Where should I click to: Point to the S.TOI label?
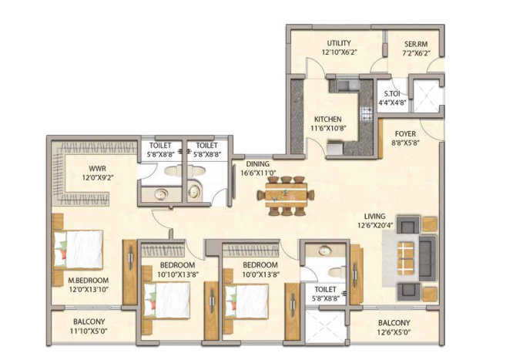391,94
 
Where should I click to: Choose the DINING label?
257,164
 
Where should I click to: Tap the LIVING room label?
377,217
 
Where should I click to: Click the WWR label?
97,167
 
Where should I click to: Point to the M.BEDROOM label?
88,280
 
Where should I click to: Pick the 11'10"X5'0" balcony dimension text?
89,331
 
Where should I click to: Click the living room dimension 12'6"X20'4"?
377,226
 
